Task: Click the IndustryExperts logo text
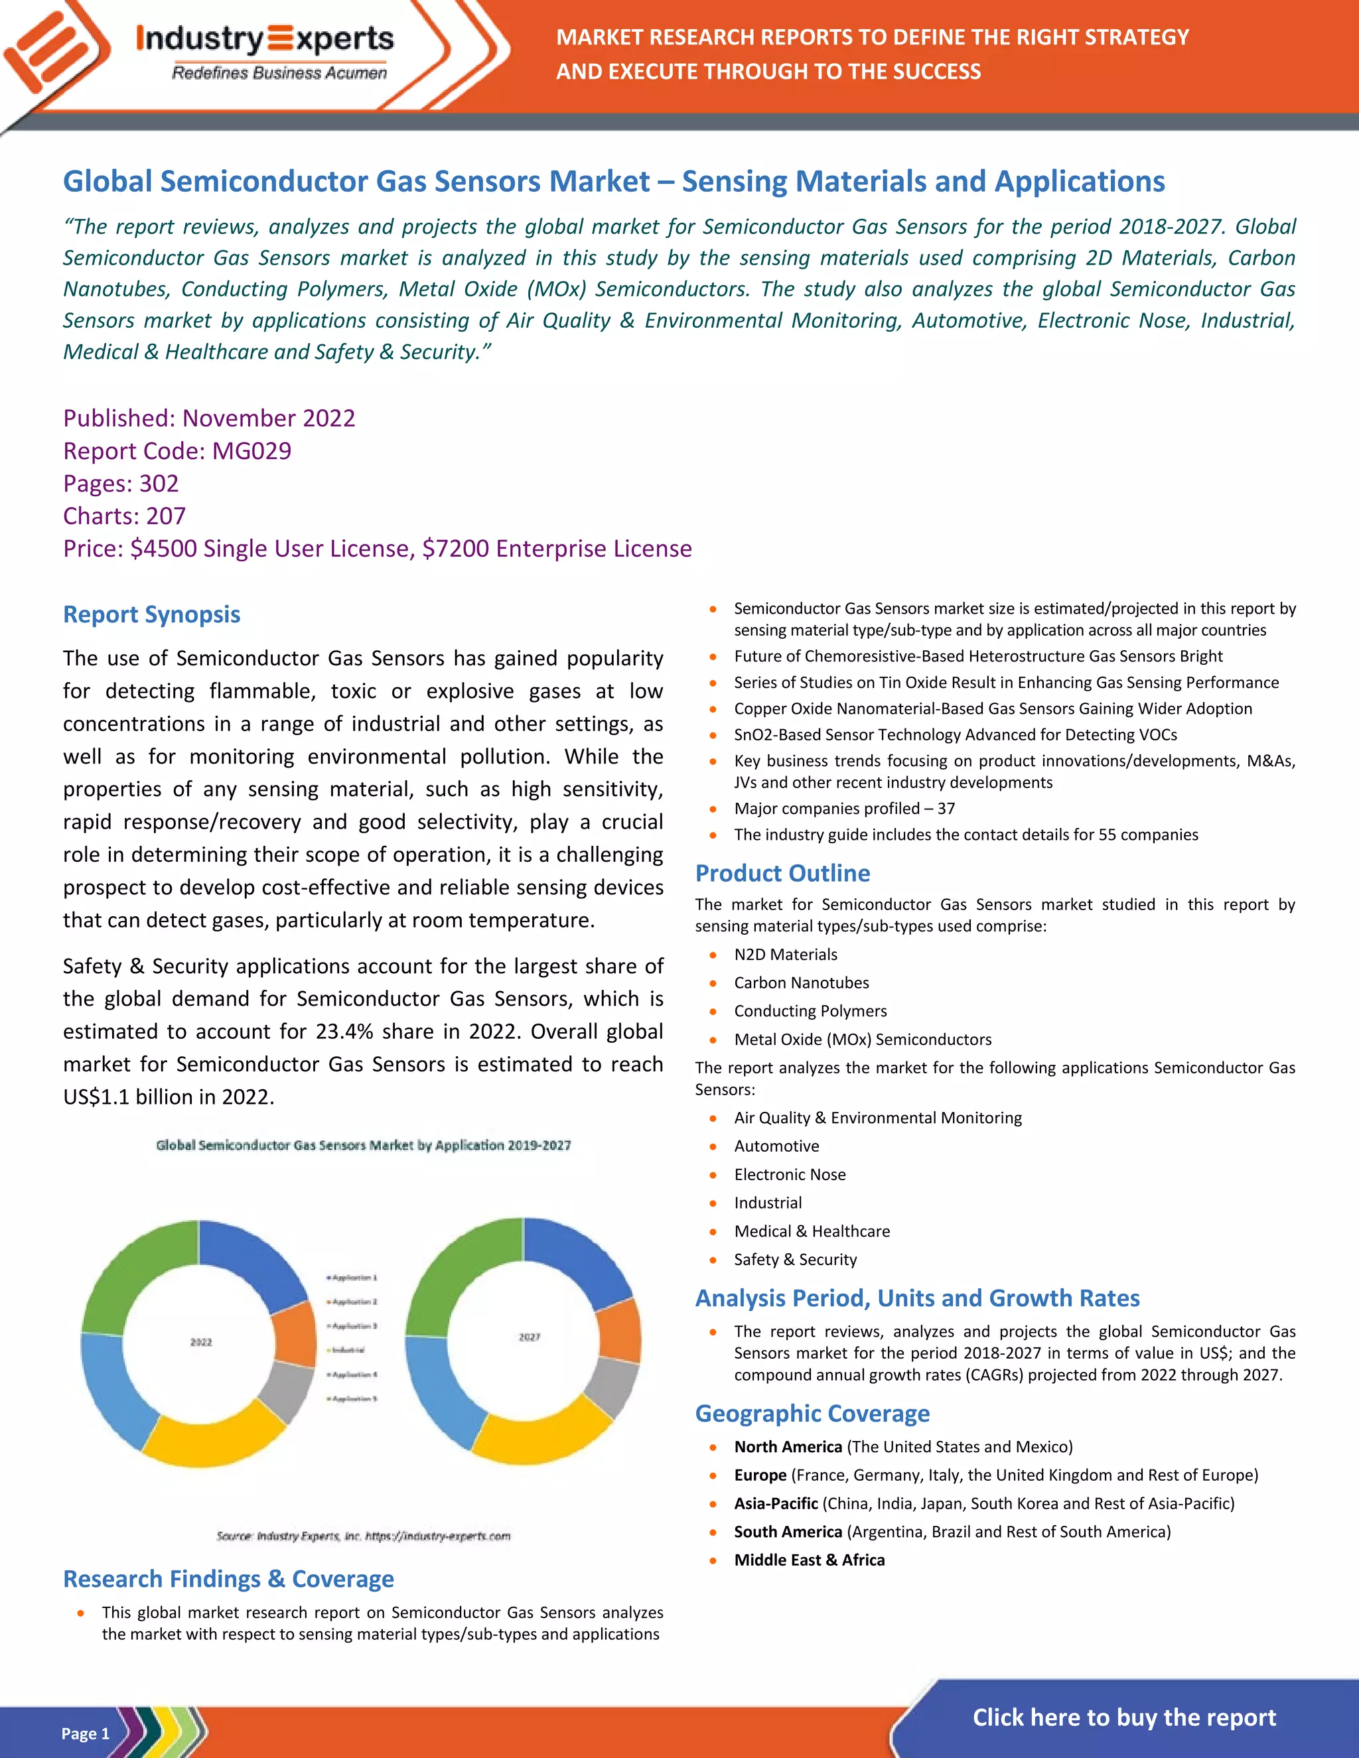click(x=265, y=38)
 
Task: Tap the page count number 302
click(x=159, y=483)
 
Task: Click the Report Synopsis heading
click(x=151, y=614)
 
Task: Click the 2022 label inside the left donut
click(x=200, y=1342)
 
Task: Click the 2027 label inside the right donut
click(x=529, y=1337)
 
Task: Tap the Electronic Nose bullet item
click(x=789, y=1174)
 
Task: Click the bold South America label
click(x=788, y=1531)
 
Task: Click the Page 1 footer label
click(x=84, y=1733)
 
